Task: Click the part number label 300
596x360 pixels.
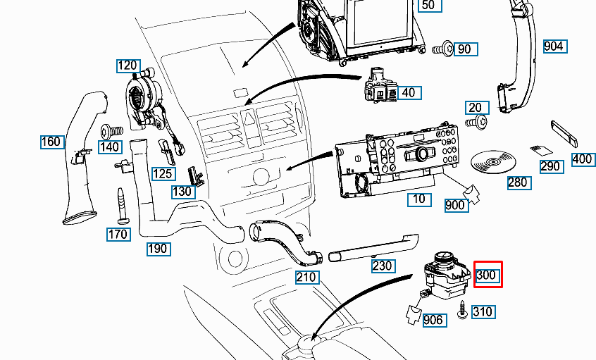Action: point(488,275)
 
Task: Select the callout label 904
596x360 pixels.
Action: point(554,46)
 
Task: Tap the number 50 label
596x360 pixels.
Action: point(428,6)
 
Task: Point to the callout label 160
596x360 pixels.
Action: point(51,142)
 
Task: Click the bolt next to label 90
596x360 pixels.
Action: point(441,49)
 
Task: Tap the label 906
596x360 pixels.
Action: point(434,321)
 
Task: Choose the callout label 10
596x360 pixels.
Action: point(419,199)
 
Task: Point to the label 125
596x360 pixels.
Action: point(163,173)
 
